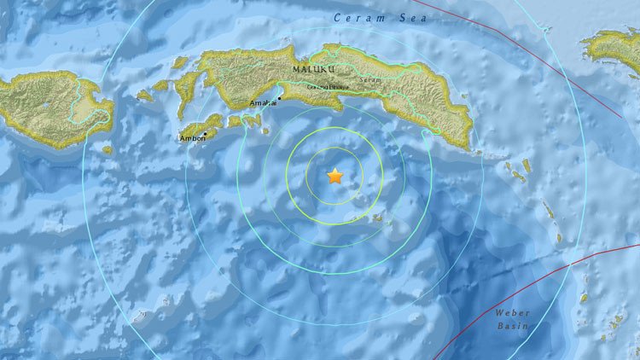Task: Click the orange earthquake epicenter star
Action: coord(335,177)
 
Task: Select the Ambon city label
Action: coord(193,139)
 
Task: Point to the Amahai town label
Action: coord(262,105)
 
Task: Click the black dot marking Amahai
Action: coord(277,100)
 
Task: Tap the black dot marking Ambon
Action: coord(206,134)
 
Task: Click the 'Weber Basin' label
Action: coord(513,320)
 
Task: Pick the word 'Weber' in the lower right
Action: coord(513,313)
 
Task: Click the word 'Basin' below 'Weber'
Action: coord(513,327)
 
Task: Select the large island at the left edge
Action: coord(51,107)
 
